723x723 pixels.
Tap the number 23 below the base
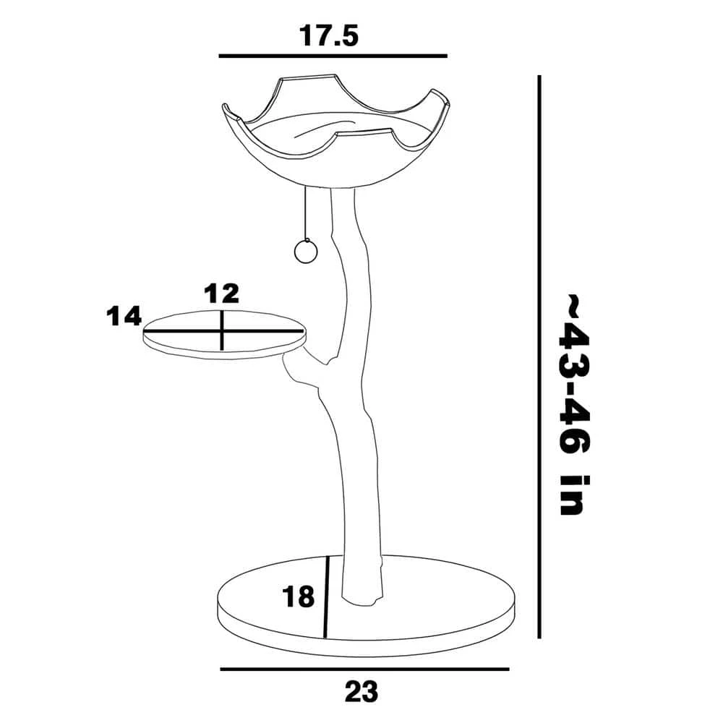(361, 692)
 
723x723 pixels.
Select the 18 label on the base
(299, 596)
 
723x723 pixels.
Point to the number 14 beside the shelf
(124, 317)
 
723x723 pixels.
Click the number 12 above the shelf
(222, 294)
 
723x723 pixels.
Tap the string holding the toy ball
(305, 213)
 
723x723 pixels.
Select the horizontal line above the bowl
(333, 56)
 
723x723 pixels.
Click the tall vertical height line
(539, 357)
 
